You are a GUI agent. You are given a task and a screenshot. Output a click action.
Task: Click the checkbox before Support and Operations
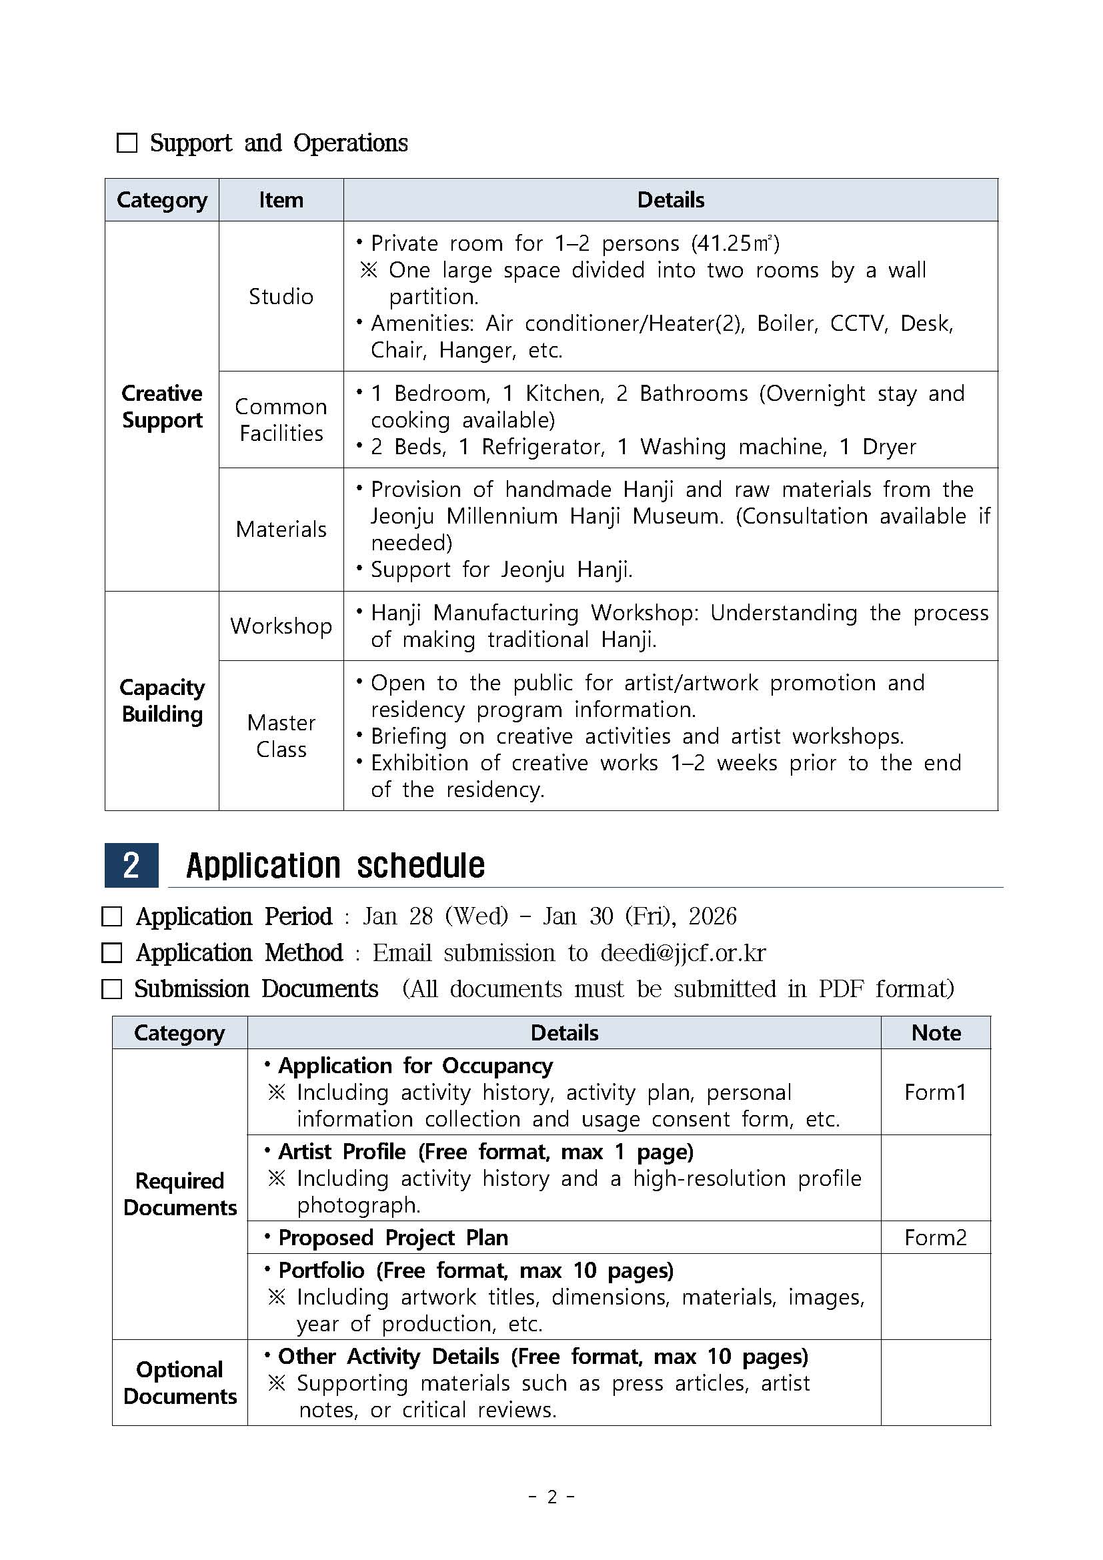[x=127, y=143]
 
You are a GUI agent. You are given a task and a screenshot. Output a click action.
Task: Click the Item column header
[x=281, y=200]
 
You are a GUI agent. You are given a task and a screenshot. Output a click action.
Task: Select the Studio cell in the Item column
[x=281, y=296]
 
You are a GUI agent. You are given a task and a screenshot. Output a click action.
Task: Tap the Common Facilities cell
[x=281, y=420]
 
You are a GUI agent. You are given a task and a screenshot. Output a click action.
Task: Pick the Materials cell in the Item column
[x=281, y=530]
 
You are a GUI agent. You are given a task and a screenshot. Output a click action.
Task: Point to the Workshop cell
[x=281, y=626]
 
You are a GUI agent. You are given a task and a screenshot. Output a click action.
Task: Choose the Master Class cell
[x=281, y=735]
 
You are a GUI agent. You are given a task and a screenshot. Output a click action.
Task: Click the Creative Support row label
[x=161, y=406]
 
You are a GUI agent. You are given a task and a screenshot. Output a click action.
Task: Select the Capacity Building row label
[x=161, y=700]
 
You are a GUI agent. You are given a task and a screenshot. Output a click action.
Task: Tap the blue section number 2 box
[x=131, y=865]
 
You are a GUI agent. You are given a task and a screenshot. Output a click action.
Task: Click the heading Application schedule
[x=335, y=866]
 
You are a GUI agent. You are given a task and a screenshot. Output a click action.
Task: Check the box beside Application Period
[x=111, y=916]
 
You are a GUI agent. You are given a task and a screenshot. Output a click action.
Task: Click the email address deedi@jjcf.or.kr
[x=683, y=952]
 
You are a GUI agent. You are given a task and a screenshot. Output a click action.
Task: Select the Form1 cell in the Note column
[x=934, y=1092]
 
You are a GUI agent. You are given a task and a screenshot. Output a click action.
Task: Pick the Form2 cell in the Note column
[x=934, y=1237]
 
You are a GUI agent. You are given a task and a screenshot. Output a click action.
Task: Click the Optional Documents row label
[x=179, y=1383]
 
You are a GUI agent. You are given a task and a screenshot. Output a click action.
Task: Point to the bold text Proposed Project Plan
[x=393, y=1237]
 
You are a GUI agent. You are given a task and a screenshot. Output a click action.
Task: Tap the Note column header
[x=935, y=1032]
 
